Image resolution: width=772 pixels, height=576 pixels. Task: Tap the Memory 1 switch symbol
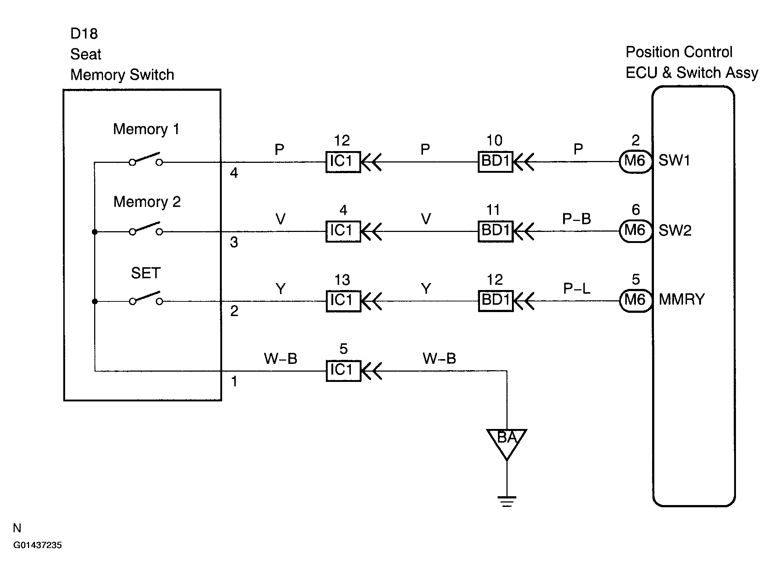pyautogui.click(x=146, y=159)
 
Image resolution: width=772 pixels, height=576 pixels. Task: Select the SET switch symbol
pyautogui.click(x=146, y=298)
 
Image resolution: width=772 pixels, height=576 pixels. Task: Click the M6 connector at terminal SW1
pyautogui.click(x=635, y=161)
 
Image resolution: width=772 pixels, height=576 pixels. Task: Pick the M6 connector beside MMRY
pyautogui.click(x=635, y=301)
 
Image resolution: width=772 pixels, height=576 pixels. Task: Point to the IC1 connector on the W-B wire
pyautogui.click(x=343, y=371)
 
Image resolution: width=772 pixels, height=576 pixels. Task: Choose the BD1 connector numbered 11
pyautogui.click(x=495, y=231)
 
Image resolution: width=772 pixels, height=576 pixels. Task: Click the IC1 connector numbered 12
pyautogui.click(x=343, y=162)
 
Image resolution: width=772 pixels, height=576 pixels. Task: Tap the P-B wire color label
pyautogui.click(x=576, y=219)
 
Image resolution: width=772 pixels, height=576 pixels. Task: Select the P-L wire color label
pyautogui.click(x=576, y=289)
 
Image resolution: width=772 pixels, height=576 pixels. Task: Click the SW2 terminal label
pyautogui.click(x=675, y=231)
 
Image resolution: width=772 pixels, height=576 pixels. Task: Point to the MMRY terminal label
pyautogui.click(x=682, y=300)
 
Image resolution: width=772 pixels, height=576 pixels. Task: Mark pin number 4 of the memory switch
pyautogui.click(x=234, y=173)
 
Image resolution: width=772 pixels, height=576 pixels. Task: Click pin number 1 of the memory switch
pyautogui.click(x=234, y=382)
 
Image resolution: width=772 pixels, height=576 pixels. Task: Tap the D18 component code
pyautogui.click(x=84, y=34)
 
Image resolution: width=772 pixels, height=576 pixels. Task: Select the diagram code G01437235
pyautogui.click(x=38, y=545)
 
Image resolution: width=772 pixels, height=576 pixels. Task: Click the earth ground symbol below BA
pyautogui.click(x=506, y=501)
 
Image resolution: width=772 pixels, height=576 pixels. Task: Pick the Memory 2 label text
pyautogui.click(x=147, y=202)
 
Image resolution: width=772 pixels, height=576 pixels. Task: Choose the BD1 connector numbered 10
pyautogui.click(x=495, y=162)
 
